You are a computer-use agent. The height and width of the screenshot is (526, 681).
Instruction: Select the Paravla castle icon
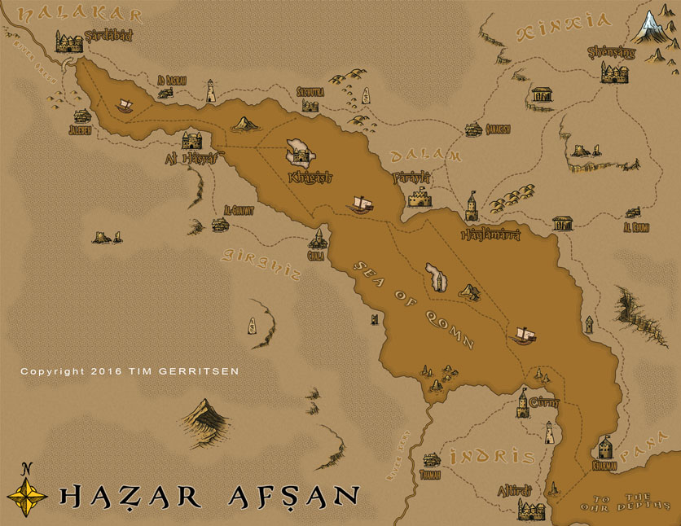point(420,198)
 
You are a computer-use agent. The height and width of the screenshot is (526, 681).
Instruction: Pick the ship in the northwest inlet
point(125,105)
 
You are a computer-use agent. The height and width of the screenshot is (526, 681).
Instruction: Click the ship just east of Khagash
point(360,203)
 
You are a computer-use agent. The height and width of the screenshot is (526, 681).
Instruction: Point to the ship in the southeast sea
point(523,334)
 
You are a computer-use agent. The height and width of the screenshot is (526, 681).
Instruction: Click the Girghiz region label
point(261,265)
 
